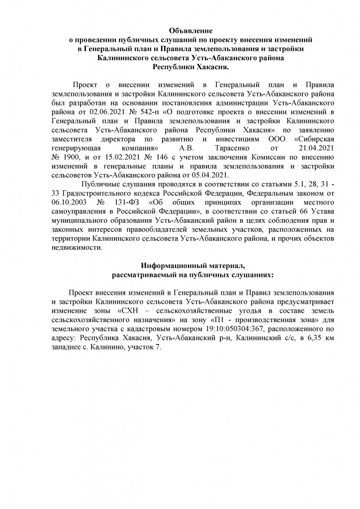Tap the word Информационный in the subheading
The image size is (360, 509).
167,266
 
